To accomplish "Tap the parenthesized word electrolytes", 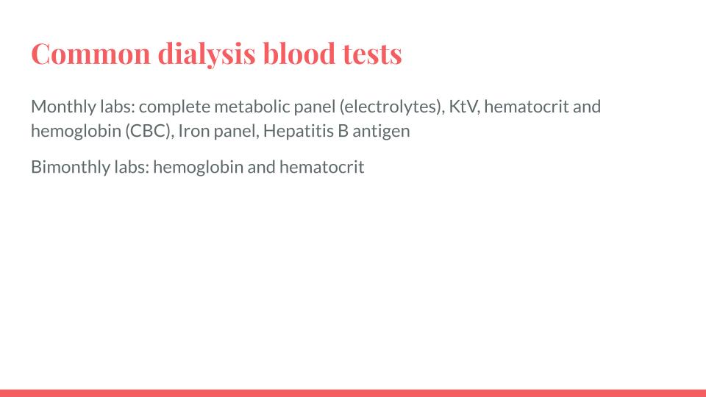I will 391,107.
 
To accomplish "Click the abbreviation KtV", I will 465,107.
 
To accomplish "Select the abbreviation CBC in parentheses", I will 149,132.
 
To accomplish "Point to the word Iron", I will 194,132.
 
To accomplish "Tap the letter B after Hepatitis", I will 343,132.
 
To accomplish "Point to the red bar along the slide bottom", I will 353,393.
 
